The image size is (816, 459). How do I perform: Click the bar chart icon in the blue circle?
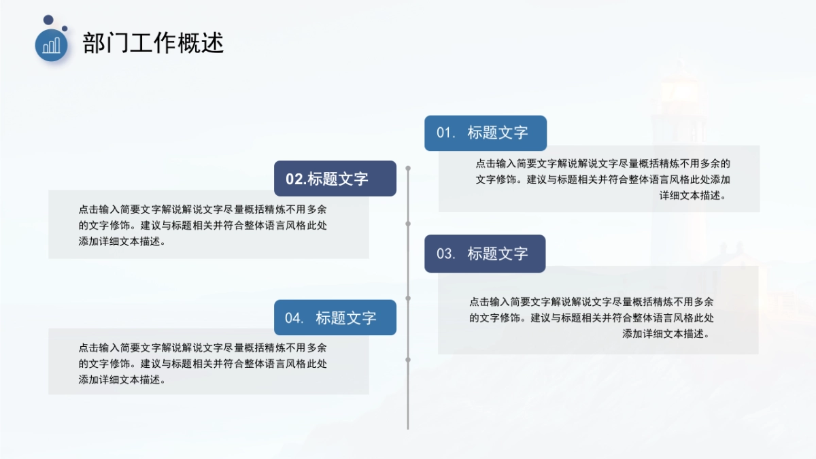coord(52,46)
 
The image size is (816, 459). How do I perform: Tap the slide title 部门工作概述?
coord(153,43)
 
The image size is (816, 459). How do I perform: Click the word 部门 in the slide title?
coord(105,43)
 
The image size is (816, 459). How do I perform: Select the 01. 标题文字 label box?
coord(486,133)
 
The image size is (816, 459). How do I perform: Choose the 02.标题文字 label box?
coord(335,179)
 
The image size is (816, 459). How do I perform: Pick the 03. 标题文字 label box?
coord(485,254)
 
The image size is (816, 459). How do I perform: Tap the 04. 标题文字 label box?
coord(335,318)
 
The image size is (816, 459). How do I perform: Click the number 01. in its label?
coord(446,133)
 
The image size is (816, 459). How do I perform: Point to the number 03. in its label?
coord(446,254)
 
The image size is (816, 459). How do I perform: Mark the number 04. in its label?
coord(294,318)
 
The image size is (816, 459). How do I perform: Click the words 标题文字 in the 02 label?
coord(338,179)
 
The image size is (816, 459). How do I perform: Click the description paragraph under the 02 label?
coord(207,225)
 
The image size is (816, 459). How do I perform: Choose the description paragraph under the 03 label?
coord(591,318)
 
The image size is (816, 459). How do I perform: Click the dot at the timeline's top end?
coord(408,167)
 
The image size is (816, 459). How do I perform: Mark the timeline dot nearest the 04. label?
coord(408,298)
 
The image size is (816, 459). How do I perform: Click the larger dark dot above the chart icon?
coord(48,20)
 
